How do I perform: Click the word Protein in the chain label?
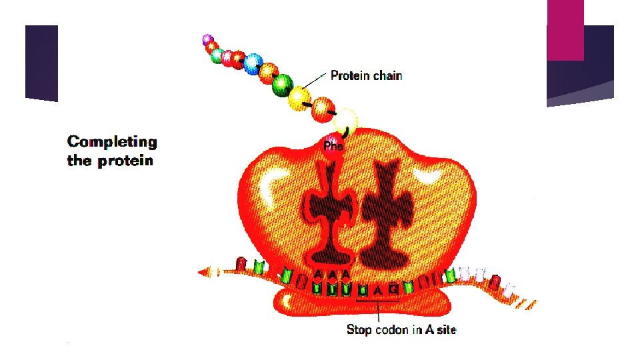click(x=351, y=75)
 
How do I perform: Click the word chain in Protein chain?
click(x=387, y=75)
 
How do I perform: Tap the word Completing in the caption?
click(x=112, y=142)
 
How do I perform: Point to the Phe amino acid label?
click(x=333, y=145)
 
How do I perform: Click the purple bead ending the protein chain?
click(x=207, y=39)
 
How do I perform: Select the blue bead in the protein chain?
click(x=252, y=63)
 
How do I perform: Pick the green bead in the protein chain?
click(x=283, y=85)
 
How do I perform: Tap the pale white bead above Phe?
click(x=345, y=121)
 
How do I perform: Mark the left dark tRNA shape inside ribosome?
click(x=327, y=213)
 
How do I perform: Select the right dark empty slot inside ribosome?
click(x=384, y=213)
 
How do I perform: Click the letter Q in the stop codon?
click(x=393, y=289)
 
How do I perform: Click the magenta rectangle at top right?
click(x=565, y=29)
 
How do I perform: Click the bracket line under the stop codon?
click(x=378, y=302)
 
